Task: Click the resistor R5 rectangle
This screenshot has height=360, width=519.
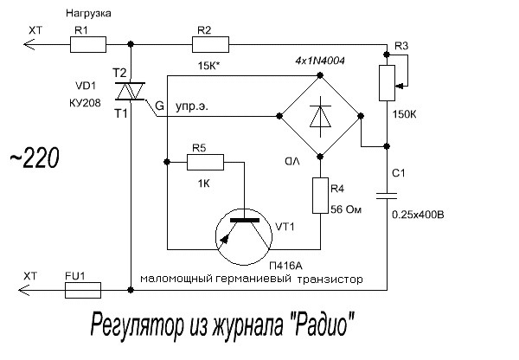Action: coord(205,161)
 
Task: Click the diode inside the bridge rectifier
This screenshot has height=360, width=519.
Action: coord(319,114)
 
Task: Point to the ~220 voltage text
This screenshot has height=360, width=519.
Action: coord(34,157)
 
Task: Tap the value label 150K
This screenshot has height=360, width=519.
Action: coord(407,113)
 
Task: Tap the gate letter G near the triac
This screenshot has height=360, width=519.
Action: coord(161,107)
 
